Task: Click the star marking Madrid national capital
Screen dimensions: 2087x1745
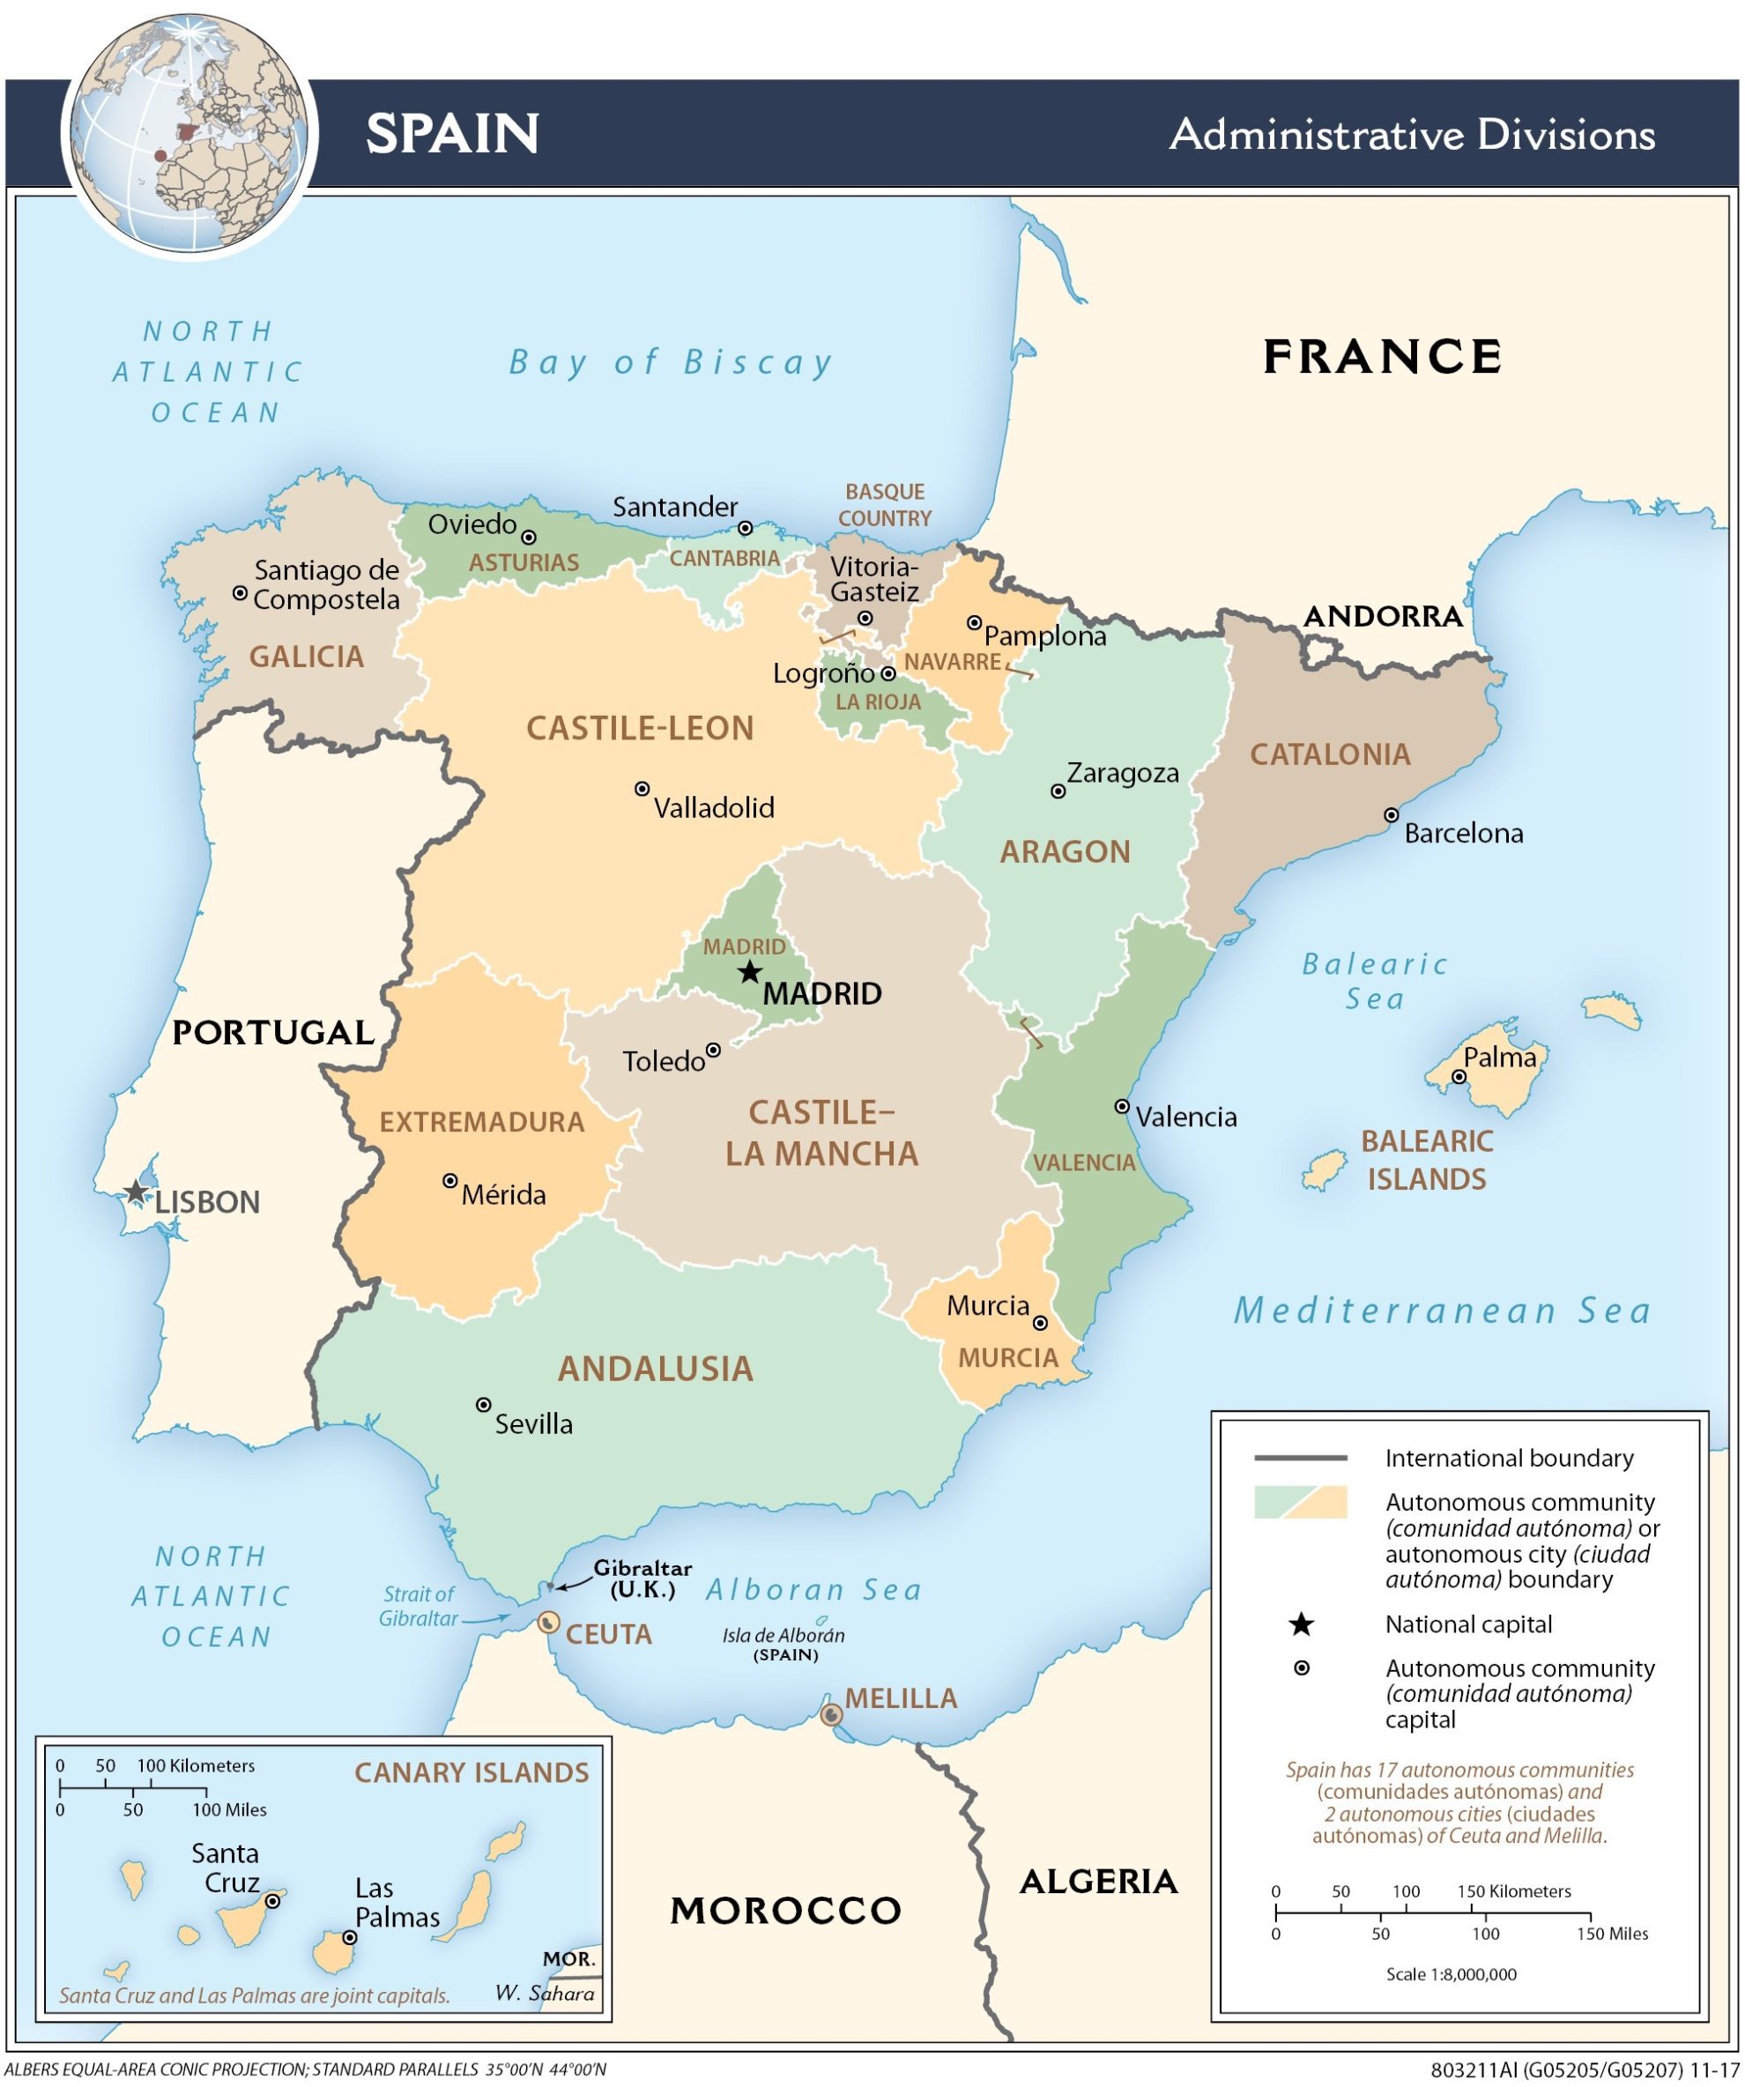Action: (750, 972)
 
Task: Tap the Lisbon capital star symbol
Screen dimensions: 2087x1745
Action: (136, 1192)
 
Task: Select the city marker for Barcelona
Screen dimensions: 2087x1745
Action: (1392, 815)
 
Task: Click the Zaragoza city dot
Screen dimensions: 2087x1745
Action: (1058, 791)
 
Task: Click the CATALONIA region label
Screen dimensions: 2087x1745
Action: (1330, 754)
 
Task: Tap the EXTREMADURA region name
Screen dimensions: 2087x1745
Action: (482, 1122)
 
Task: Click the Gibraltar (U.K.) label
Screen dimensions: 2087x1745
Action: (642, 1578)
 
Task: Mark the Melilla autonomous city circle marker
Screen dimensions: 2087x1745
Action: (832, 1714)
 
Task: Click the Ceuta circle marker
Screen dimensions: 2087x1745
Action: (547, 1623)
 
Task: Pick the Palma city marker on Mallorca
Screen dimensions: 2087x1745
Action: (1459, 1076)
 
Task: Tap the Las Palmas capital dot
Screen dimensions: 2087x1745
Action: (350, 1938)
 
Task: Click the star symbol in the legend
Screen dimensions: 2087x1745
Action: (1301, 1625)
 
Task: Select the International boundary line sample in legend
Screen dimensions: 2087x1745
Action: (1300, 1458)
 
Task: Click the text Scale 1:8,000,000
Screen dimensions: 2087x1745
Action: (1451, 1973)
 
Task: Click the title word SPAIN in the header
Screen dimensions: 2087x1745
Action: (452, 133)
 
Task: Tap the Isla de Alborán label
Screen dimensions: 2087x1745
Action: (783, 1635)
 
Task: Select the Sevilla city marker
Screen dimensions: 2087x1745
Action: (483, 1404)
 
